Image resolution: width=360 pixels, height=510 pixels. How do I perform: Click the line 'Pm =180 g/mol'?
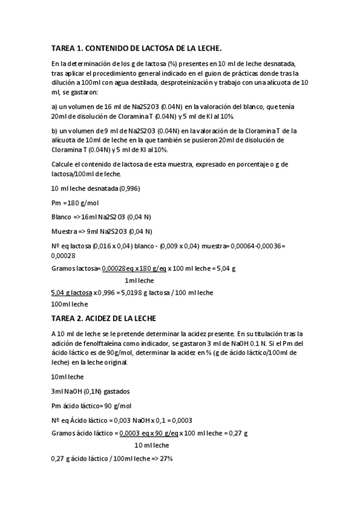pyautogui.click(x=75, y=203)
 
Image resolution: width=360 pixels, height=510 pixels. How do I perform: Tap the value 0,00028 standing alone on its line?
pyautogui.click(x=63, y=254)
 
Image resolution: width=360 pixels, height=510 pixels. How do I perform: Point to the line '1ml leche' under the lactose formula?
pyautogui.click(x=139, y=280)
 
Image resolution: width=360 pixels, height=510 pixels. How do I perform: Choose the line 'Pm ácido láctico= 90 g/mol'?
pyautogui.click(x=91, y=405)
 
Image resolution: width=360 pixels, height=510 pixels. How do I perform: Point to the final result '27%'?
pyautogui.click(x=166, y=458)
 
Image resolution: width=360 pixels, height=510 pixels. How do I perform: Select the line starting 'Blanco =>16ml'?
pyautogui.click(x=93, y=217)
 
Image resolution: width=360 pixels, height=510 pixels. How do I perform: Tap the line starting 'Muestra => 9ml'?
pyautogui.click(x=94, y=231)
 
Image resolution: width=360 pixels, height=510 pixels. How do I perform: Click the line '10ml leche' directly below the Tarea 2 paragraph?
pyautogui.click(x=68, y=376)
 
